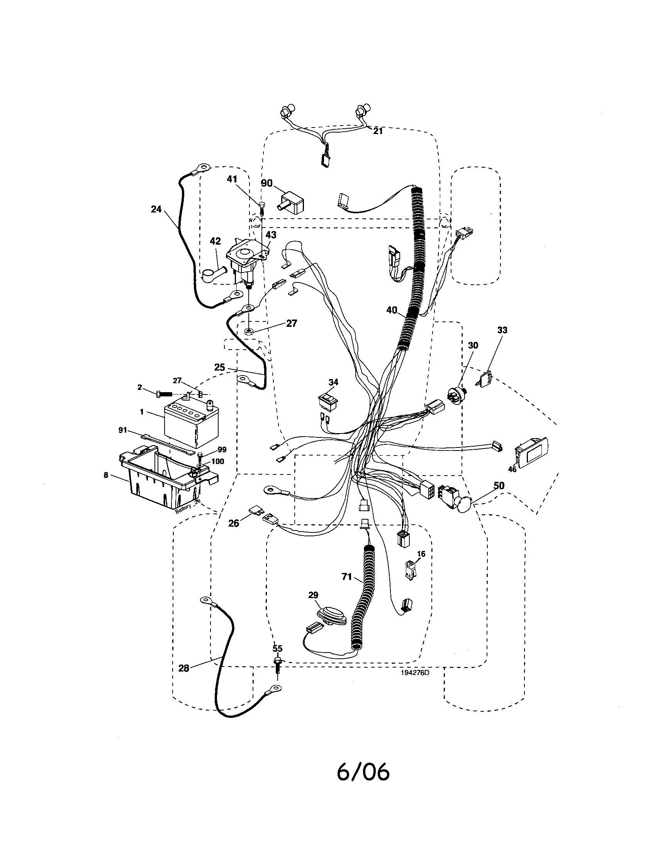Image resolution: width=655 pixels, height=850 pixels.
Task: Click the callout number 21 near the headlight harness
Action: coord(378,131)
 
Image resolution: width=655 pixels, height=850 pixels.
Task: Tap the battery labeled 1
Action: coord(191,425)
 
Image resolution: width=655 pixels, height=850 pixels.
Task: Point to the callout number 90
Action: coord(267,183)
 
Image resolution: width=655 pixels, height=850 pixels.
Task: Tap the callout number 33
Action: coord(502,330)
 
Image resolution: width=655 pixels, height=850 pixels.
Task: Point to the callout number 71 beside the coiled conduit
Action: coord(347,588)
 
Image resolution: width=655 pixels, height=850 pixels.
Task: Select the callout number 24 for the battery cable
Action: coord(156,209)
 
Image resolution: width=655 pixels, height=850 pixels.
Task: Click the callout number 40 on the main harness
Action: coord(392,310)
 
